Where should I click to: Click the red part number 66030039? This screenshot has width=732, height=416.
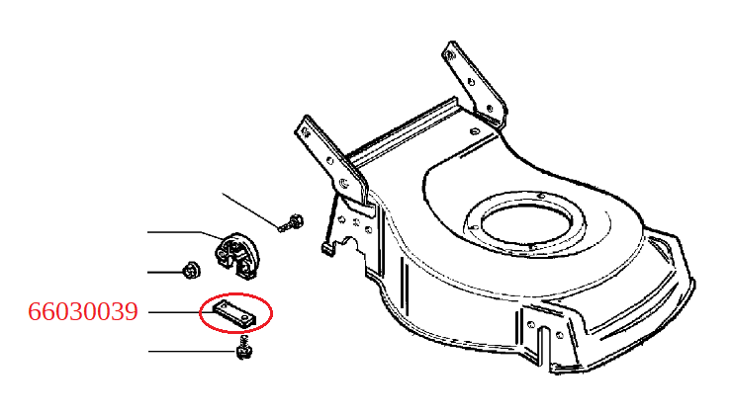point(83,311)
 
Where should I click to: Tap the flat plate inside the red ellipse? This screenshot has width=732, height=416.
point(234,312)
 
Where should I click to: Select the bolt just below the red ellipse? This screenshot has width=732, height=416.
point(244,347)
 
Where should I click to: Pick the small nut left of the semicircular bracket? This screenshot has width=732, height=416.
point(191,271)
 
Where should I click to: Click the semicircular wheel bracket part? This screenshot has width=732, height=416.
point(236,257)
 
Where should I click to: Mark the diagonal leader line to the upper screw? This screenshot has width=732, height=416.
point(251,210)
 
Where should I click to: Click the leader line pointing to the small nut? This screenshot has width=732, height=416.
point(165,272)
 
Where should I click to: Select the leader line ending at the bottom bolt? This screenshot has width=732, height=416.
point(193,351)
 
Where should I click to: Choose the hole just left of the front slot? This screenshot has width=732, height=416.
point(531,324)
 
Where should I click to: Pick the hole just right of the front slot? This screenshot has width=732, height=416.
point(560,335)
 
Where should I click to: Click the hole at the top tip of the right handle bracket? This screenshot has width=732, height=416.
point(450,55)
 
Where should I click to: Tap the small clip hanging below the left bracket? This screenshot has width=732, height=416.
point(327,247)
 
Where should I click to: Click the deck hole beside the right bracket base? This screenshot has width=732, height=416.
point(474,131)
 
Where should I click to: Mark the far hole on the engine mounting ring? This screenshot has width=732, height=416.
point(541,196)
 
